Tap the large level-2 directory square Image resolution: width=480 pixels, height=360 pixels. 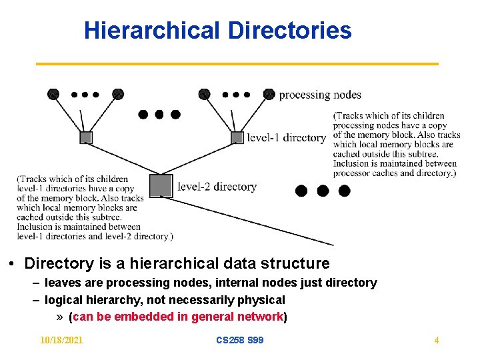(161, 186)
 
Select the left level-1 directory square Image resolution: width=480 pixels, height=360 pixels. (85, 138)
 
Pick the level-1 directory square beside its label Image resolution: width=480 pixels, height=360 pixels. (237, 137)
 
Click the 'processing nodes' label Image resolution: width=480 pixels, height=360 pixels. (320, 95)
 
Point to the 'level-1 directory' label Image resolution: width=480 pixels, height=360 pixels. (286, 138)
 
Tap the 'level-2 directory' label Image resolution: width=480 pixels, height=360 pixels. (217, 187)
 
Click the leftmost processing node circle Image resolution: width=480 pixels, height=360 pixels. (53, 94)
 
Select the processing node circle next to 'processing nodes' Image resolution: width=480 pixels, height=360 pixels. (269, 94)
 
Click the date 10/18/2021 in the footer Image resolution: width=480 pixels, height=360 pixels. (61, 340)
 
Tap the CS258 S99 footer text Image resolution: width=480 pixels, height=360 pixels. (240, 340)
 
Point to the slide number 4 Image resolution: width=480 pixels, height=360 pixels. (437, 340)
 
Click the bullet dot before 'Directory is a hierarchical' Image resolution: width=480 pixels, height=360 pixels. (13, 264)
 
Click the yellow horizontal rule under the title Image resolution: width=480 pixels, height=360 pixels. (237, 63)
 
